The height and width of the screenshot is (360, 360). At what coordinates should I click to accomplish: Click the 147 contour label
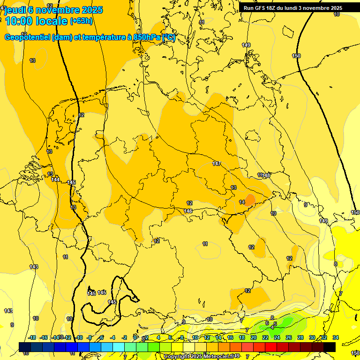coord(216,164)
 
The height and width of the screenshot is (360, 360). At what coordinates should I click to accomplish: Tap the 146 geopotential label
coord(188,211)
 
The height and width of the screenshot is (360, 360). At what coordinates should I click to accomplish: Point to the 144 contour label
coord(55,180)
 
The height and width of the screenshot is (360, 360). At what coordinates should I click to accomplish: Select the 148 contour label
coord(267,175)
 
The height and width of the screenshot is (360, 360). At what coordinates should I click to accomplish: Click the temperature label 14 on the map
coord(241,202)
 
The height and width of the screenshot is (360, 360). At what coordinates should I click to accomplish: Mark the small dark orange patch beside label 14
coord(250,200)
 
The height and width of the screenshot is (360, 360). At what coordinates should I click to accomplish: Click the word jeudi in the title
coord(16,10)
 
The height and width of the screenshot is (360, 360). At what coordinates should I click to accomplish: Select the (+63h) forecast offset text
coord(81,21)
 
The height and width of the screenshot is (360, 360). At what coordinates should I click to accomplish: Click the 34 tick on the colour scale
coord(335,337)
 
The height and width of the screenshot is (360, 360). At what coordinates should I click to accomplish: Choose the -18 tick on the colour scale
coord(32,337)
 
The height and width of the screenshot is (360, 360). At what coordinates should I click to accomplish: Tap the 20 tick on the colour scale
coord(254,337)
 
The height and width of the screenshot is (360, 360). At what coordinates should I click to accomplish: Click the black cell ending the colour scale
coord(330,347)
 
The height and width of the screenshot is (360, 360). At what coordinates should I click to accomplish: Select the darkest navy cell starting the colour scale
coord(25,347)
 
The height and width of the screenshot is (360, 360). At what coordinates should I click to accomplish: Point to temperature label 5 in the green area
coord(275,324)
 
